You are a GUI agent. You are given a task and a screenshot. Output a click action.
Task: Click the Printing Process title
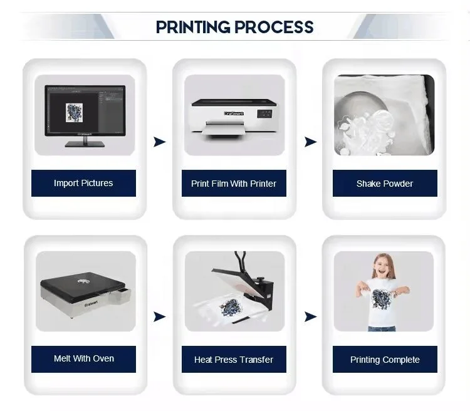[234, 27]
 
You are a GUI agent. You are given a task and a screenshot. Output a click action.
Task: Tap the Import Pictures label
[83, 183]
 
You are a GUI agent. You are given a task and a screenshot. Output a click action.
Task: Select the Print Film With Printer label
[234, 184]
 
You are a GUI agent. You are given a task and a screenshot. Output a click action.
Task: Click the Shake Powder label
[384, 184]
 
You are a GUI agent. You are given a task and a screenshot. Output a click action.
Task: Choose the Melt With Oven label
[83, 359]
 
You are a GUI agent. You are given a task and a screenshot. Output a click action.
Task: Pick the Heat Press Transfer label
[234, 360]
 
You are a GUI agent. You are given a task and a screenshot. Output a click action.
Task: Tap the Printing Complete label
[384, 360]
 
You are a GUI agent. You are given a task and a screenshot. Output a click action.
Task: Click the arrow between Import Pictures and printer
[160, 142]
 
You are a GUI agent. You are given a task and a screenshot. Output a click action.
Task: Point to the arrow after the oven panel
[160, 317]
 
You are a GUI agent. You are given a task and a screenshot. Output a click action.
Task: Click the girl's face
[383, 267]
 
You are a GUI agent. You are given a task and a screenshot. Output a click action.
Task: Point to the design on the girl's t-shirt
[382, 298]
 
